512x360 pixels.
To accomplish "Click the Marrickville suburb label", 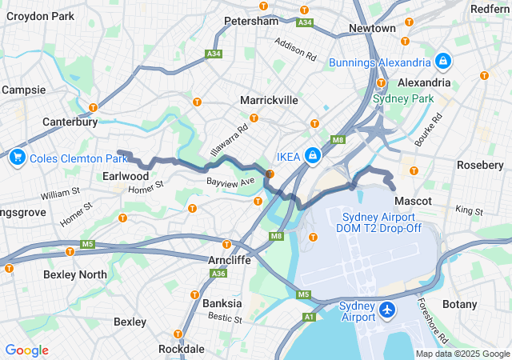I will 269,100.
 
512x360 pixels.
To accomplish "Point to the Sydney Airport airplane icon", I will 388,309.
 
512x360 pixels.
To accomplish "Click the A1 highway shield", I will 309,318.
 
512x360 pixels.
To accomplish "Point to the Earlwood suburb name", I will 126,176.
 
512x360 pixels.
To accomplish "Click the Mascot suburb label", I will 413,200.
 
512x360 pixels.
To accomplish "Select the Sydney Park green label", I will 403,98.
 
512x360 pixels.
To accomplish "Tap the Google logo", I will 26,350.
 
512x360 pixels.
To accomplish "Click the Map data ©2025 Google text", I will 462,354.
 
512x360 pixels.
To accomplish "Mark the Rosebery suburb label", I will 478,164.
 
